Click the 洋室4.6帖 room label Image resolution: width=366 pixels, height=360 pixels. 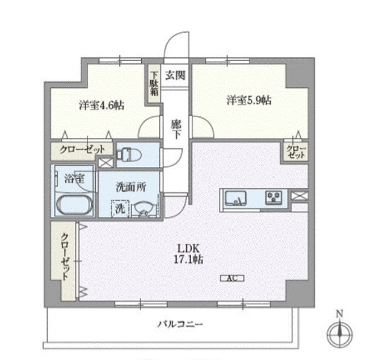101,104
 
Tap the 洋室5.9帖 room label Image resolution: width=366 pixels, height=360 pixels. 248,100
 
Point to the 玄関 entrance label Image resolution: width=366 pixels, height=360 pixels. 176,76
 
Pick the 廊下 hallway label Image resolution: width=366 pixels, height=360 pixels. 176,128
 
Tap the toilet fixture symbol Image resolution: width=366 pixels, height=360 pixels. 128,155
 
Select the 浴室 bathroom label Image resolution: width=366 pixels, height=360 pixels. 75,178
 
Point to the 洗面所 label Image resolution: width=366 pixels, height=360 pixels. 130,187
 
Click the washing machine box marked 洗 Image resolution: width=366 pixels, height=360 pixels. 119,208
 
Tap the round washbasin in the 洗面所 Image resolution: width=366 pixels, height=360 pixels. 144,208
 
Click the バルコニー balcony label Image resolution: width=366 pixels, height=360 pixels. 181,324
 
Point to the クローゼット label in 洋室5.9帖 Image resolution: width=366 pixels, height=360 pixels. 296,152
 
